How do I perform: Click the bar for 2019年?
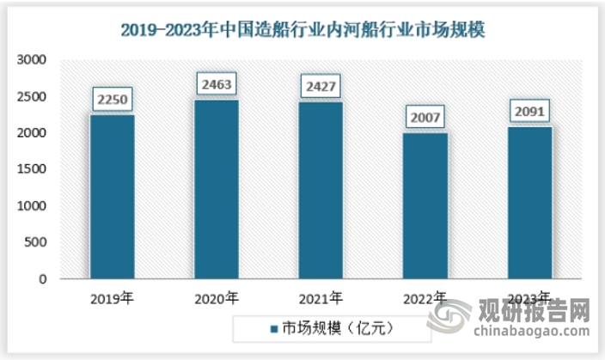pos(113,197)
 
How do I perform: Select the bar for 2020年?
pos(217,189)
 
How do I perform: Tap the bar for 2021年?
pos(321,191)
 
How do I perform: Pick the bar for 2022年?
pos(425,206)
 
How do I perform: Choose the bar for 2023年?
pos(530,203)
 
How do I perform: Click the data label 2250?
pos(113,100)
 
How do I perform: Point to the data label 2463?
pos(217,84)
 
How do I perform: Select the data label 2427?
pos(321,87)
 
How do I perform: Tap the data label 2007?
pos(425,118)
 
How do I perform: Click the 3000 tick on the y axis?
pos(32,61)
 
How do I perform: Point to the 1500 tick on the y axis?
pos(32,170)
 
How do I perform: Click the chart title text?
pos(302,31)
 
